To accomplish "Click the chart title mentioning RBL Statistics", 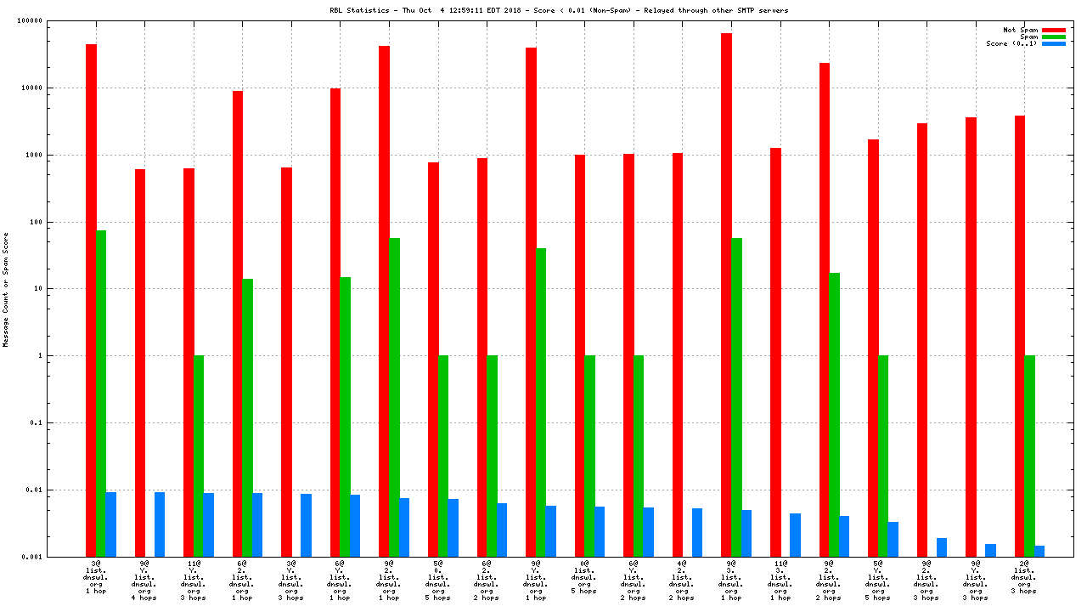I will click(560, 10).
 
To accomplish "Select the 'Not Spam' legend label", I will click(1020, 30).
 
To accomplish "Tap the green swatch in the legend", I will click(1053, 37).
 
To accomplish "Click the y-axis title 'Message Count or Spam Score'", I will click(6, 289).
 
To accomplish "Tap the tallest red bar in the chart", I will click(726, 294).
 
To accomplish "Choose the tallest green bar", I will click(101, 393).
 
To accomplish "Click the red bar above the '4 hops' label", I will click(140, 363).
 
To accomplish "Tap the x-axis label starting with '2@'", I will click(1024, 577).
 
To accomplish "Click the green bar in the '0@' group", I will click(589, 456).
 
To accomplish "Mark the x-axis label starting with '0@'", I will click(584, 577).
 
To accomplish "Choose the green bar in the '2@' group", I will click(1029, 456).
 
